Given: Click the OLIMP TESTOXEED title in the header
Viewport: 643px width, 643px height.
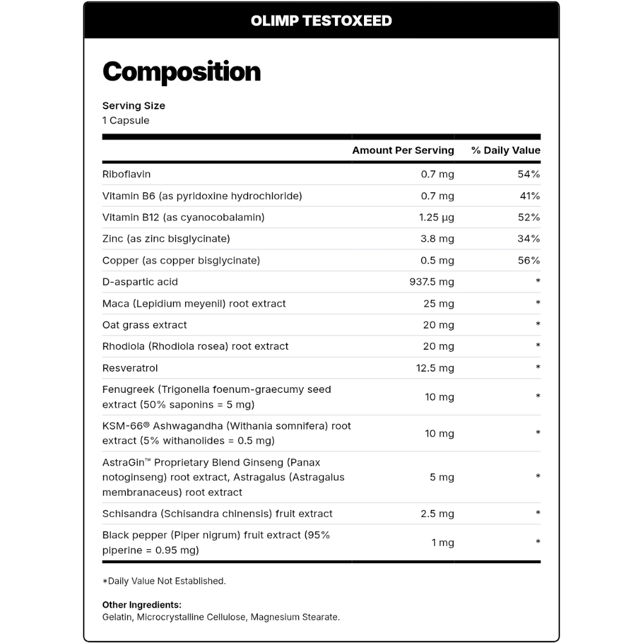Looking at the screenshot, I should tap(321, 21).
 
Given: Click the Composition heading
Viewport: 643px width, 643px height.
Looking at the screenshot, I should tap(181, 72).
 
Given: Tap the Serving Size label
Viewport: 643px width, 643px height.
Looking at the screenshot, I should tap(134, 105).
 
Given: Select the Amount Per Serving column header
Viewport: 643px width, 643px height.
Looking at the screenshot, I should tap(403, 150).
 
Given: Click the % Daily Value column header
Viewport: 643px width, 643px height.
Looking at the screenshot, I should tap(505, 150).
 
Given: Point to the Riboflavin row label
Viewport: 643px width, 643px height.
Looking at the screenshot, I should tap(127, 174).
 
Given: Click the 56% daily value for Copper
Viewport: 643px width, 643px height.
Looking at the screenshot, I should tap(529, 260).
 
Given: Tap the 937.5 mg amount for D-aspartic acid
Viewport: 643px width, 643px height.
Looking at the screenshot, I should tap(431, 282).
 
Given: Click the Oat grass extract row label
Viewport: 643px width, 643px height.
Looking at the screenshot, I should tap(145, 325).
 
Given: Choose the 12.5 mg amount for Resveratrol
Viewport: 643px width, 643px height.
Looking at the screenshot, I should tap(435, 368).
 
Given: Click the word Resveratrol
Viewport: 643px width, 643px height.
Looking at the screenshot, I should tap(130, 368).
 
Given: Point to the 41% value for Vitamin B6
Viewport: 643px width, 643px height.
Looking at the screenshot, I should tap(529, 195).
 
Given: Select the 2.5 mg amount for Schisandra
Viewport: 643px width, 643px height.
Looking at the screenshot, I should tap(437, 514).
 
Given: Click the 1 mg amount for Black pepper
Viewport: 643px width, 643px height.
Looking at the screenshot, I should tap(442, 543).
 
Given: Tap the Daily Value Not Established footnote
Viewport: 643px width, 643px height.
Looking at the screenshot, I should tap(165, 581).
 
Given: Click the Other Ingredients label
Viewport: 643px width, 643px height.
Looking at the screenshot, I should tap(141, 605).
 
